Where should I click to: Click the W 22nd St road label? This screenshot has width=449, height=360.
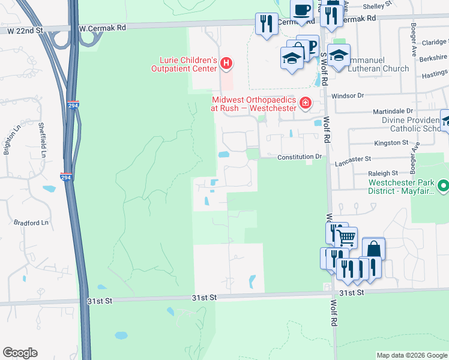(23, 30)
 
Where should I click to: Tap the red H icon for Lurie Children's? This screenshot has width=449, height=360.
(226, 62)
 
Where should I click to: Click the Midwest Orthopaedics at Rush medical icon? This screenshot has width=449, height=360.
(306, 103)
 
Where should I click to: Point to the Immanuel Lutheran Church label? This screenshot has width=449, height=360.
(369, 68)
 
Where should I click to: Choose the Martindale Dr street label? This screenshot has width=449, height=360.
(393, 111)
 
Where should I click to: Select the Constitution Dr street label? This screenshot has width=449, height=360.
(300, 157)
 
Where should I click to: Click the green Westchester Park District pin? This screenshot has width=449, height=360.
(443, 186)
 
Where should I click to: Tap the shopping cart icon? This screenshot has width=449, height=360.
(346, 238)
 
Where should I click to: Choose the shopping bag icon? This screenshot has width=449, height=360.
(373, 248)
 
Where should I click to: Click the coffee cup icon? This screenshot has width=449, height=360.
(302, 10)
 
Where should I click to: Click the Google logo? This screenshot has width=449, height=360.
(20, 353)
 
